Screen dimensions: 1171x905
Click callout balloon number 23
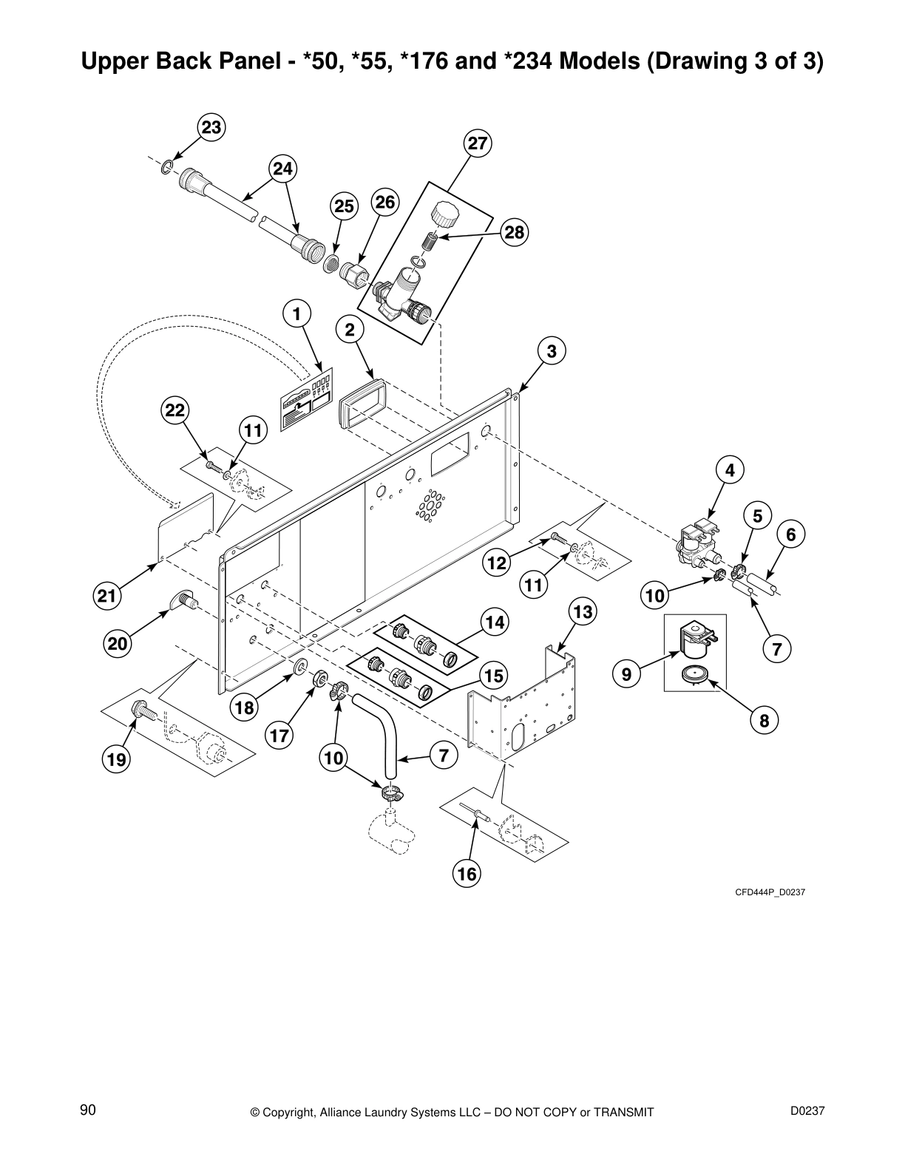[211, 128]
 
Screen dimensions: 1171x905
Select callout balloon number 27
[478, 143]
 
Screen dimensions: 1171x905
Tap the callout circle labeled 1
[296, 314]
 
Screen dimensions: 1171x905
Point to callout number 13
[583, 612]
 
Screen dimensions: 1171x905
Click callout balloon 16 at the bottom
[467, 875]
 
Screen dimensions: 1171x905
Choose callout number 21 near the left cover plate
[107, 596]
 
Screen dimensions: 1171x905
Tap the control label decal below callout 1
[305, 403]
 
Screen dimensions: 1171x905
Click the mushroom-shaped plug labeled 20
[183, 601]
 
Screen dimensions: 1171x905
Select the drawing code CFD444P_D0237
[769, 892]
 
